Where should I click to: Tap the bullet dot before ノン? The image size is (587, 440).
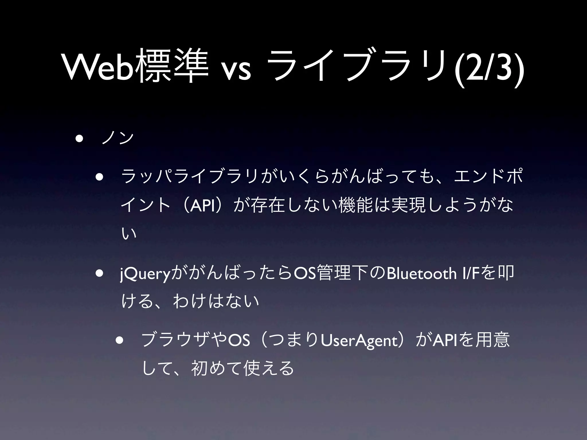point(79,139)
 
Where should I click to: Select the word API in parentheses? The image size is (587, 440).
point(203,205)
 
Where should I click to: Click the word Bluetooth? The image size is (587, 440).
point(421,274)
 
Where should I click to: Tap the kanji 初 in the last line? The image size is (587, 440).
point(199,368)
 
